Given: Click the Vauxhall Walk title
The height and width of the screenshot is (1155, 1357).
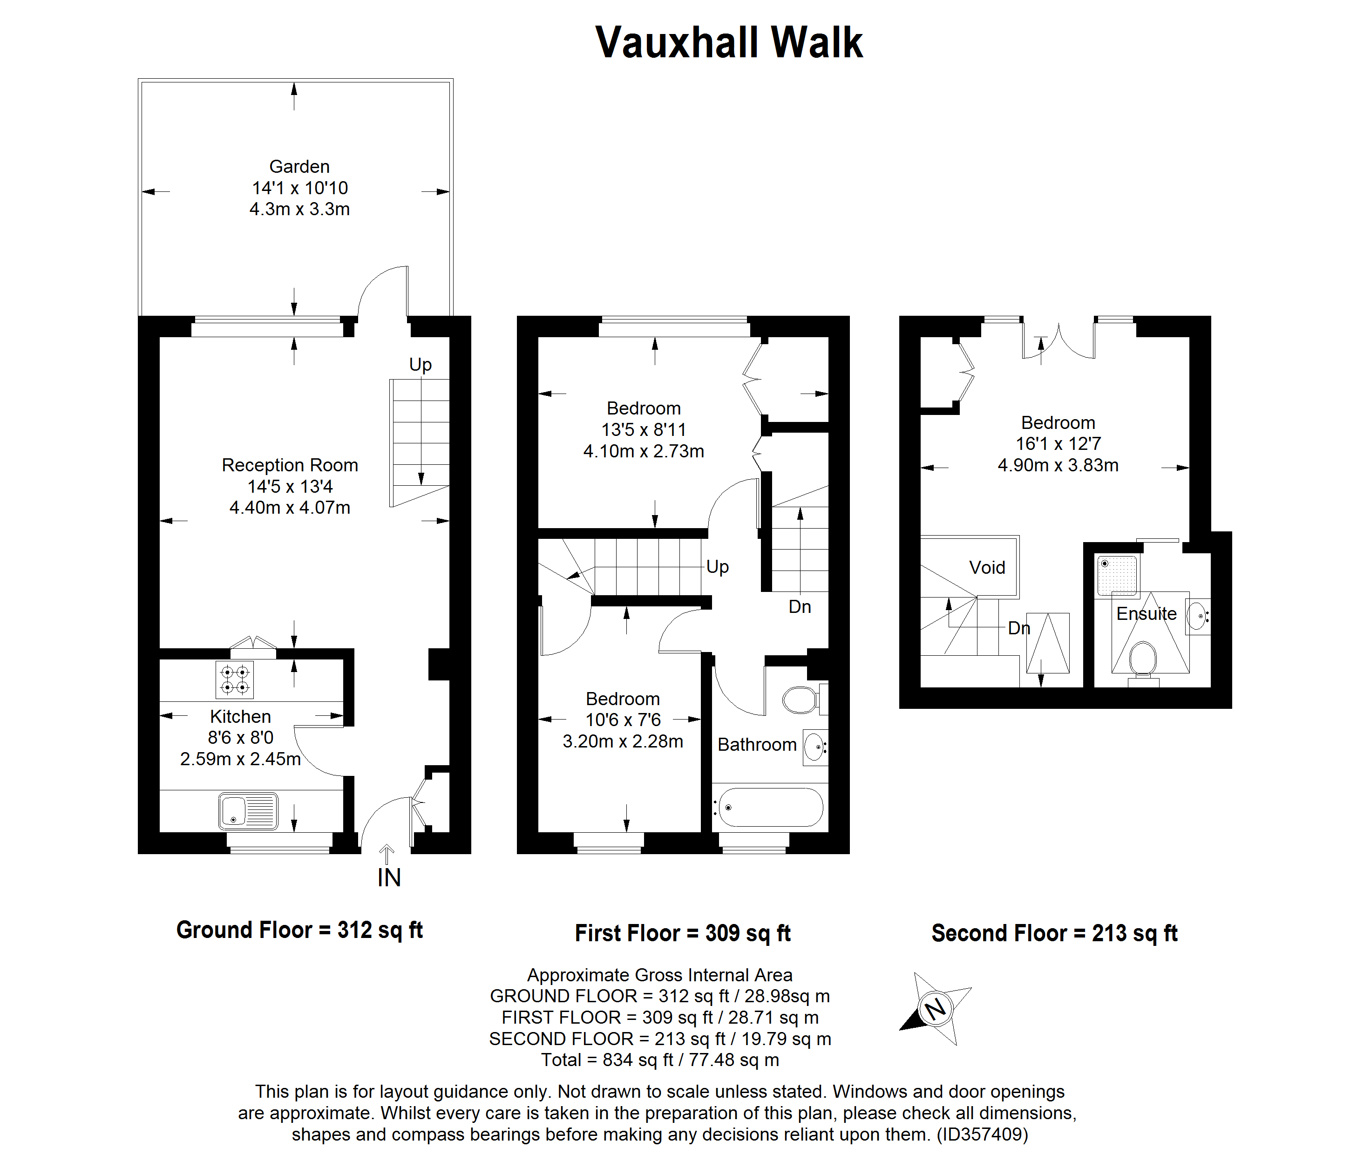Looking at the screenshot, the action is pyautogui.click(x=729, y=43).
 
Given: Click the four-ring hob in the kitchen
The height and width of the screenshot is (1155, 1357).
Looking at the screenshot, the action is pyautogui.click(x=234, y=679).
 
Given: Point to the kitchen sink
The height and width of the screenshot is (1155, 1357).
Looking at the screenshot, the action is pyautogui.click(x=248, y=811).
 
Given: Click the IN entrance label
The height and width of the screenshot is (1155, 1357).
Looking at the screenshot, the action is pyautogui.click(x=389, y=878).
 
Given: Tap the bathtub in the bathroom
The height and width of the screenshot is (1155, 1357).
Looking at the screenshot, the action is pyautogui.click(x=769, y=807).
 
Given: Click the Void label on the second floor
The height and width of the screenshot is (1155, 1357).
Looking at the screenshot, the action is pyautogui.click(x=987, y=568).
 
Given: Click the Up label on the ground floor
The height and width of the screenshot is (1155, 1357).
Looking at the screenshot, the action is pyautogui.click(x=420, y=365).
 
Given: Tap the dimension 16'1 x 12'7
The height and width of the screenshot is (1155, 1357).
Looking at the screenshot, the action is pyautogui.click(x=1058, y=444).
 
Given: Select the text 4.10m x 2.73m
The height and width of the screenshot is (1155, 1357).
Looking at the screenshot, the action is pyautogui.click(x=644, y=451).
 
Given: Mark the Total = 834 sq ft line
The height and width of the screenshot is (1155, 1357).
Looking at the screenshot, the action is pyautogui.click(x=660, y=1060).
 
